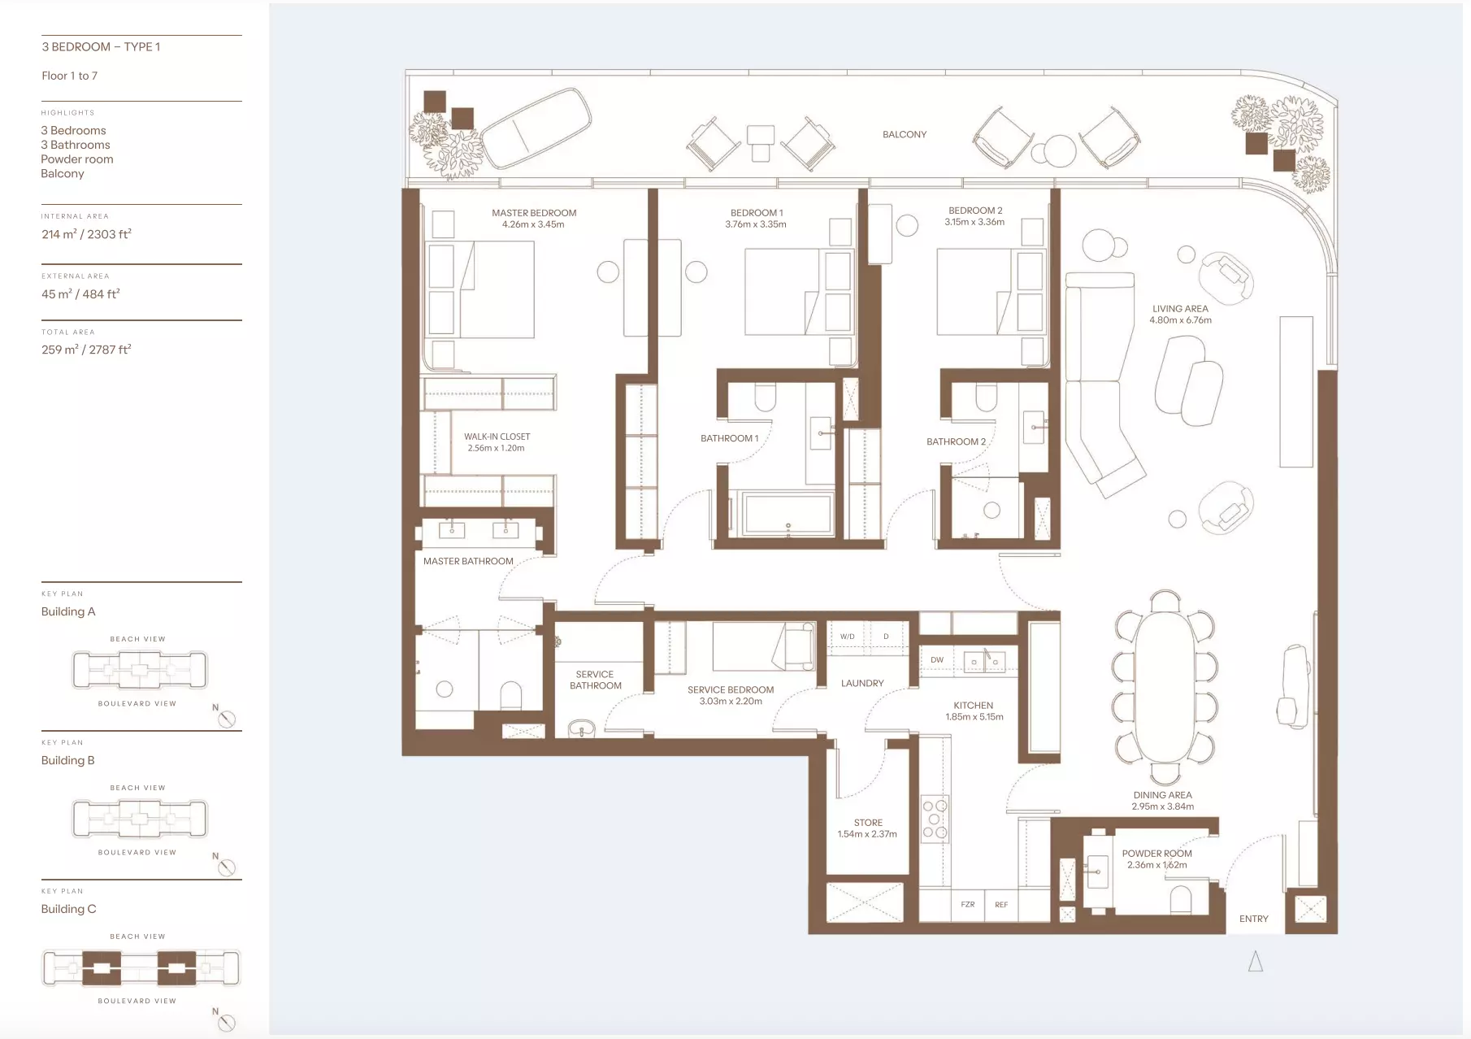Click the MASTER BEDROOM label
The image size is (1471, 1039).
534,213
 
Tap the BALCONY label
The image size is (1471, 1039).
905,135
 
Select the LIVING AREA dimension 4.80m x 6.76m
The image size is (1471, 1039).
1180,320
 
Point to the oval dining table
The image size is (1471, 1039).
1165,685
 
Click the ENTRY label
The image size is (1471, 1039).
1253,919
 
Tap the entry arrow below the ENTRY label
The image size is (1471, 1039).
1256,962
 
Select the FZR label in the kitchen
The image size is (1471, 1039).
967,904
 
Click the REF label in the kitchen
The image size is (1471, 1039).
1001,904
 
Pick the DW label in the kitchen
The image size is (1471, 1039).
937,660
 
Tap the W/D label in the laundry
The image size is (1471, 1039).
847,637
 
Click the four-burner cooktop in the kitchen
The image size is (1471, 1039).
935,819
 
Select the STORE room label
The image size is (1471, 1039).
868,823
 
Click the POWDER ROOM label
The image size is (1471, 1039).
1156,854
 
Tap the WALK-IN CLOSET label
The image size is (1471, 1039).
497,437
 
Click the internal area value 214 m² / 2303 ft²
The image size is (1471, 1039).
86,234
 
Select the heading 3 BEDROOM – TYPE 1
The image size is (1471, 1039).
101,46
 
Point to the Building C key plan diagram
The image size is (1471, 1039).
141,967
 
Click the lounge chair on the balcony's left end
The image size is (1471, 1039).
536,126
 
